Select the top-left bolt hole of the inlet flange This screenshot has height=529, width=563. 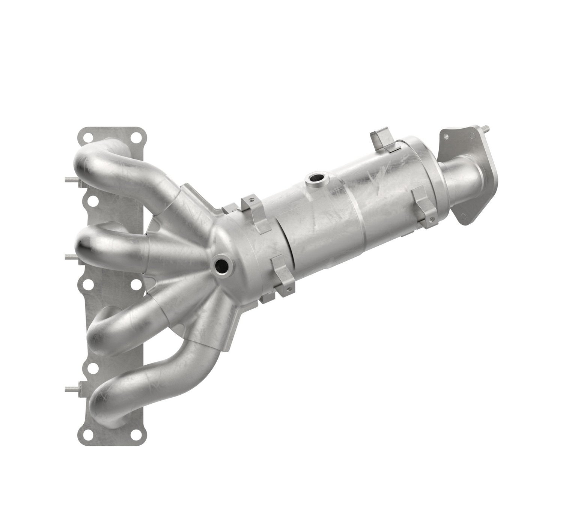[87, 137]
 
